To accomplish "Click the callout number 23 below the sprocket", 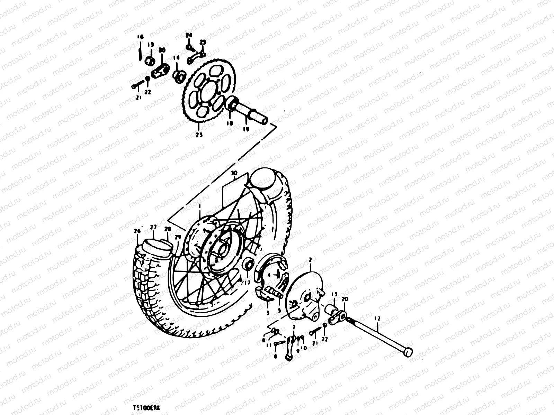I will [199, 135].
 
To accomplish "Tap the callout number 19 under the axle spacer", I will [247, 129].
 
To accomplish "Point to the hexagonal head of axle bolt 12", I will [408, 352].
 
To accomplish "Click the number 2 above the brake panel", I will [310, 259].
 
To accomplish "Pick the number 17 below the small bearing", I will [247, 283].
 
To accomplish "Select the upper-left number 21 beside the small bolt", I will [139, 98].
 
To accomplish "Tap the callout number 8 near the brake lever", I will [276, 356].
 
